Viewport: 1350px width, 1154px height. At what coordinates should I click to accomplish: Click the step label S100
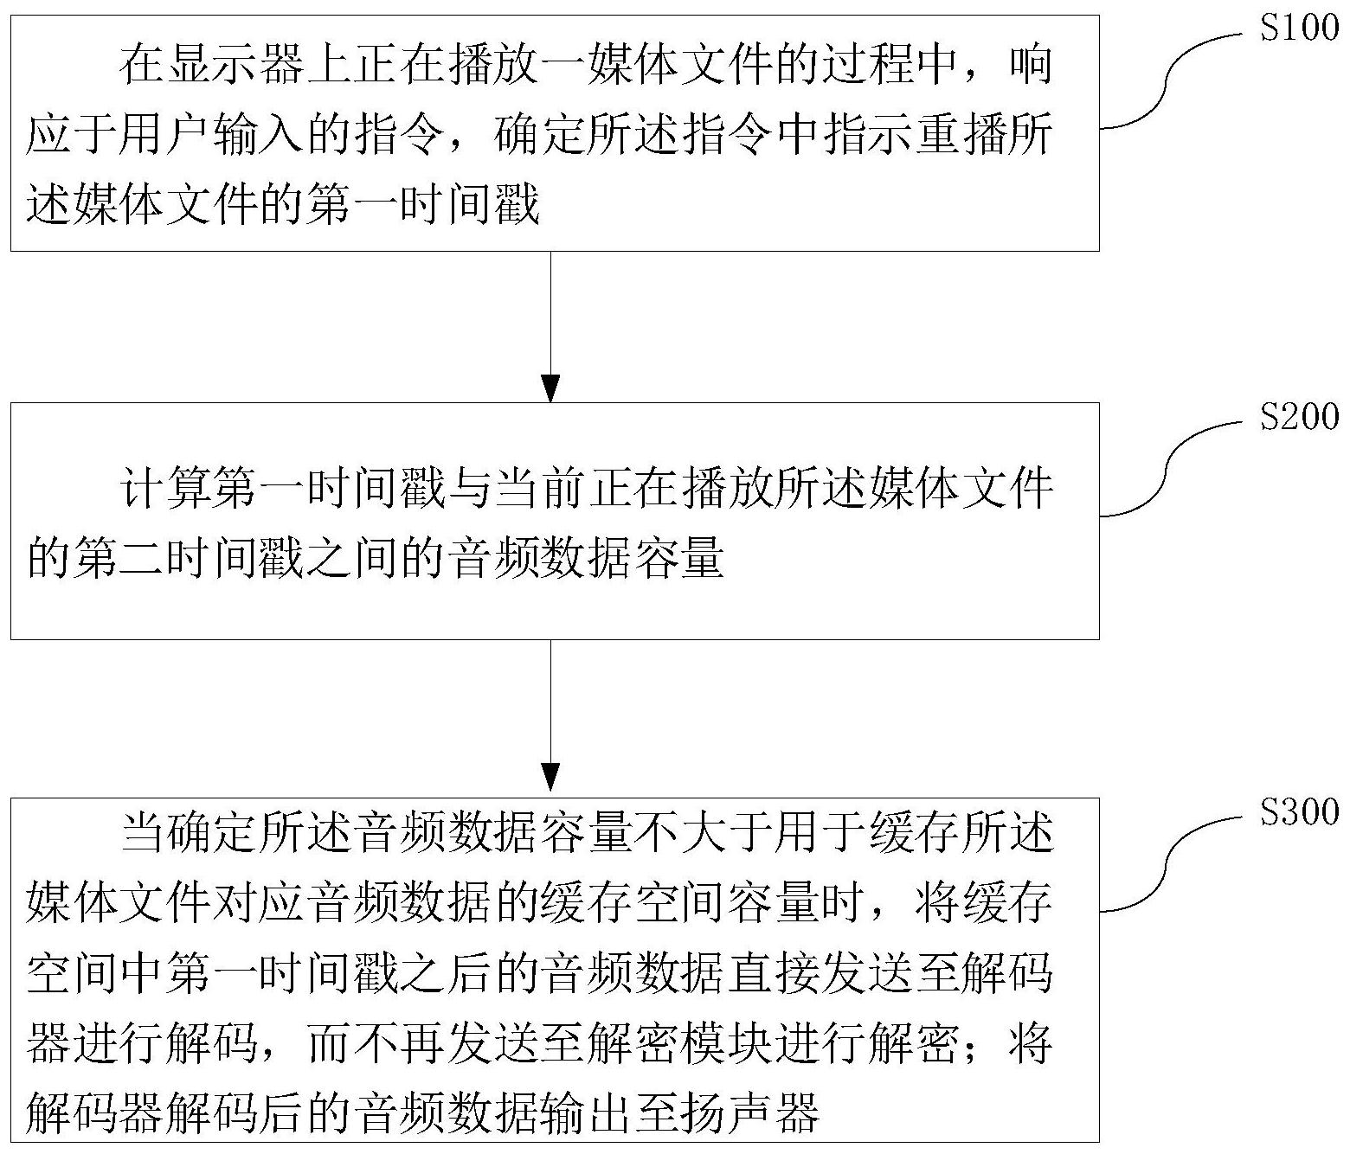click(1299, 28)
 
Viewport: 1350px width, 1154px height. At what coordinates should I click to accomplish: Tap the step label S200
click(1299, 416)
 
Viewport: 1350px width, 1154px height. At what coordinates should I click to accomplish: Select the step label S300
click(1299, 812)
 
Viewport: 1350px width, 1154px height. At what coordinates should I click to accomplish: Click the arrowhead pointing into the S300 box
click(551, 777)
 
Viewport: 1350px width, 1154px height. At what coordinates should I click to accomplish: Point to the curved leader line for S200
click(1169, 466)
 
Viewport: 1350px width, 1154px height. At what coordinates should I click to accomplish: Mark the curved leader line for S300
click(1169, 862)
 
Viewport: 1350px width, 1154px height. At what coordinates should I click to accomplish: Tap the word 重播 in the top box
click(961, 134)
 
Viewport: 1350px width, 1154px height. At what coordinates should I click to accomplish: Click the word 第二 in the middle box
click(120, 559)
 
